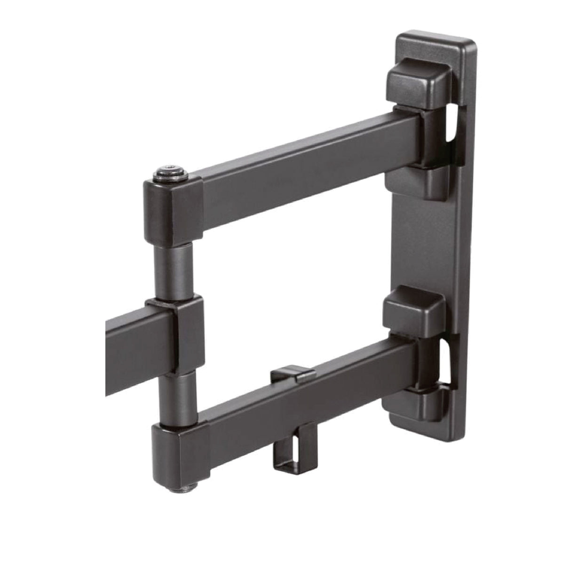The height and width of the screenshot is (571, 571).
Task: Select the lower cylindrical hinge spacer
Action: pyautogui.click(x=174, y=397)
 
